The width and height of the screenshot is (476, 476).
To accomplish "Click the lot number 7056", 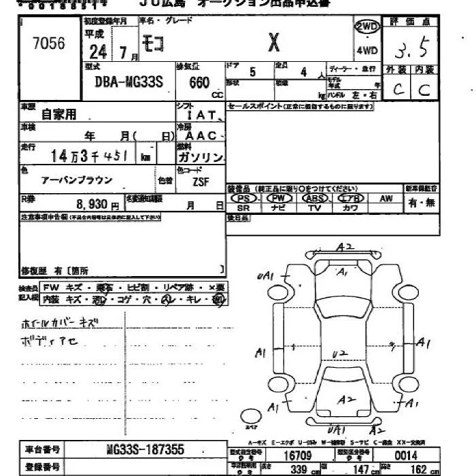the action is click(48, 44).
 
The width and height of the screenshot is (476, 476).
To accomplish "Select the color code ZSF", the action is click(200, 182).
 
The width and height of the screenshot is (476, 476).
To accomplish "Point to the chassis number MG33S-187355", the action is click(146, 451).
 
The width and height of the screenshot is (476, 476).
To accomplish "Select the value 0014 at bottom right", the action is click(404, 455).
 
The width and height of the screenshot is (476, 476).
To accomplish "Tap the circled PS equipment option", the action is click(244, 198).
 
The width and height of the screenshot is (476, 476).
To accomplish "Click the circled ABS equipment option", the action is click(315, 198).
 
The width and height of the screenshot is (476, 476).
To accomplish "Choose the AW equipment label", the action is click(386, 198).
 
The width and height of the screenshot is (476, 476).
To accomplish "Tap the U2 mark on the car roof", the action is click(340, 353).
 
